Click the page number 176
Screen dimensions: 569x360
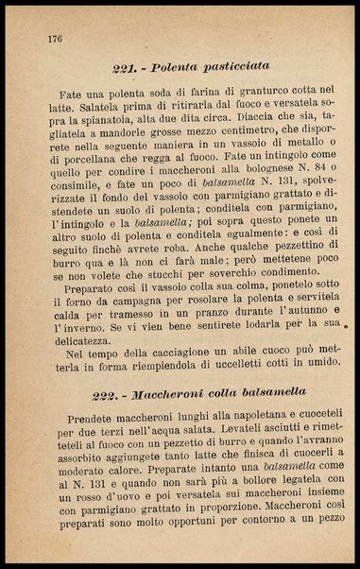53,39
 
